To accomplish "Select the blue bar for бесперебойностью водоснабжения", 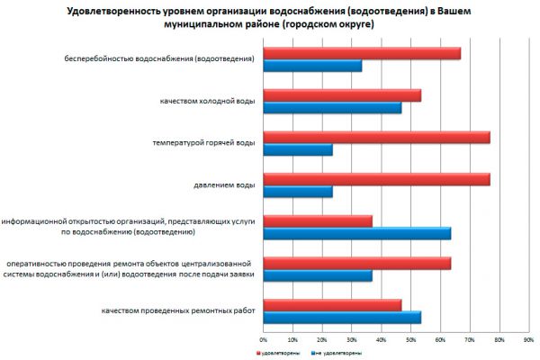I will tap(312, 66).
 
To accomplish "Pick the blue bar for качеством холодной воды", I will tap(332, 108).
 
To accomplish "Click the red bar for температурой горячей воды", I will tap(376, 138).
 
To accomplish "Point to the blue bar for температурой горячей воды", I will tap(298, 149).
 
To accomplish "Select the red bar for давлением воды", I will tap(376, 179).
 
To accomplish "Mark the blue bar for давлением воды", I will tap(298, 192).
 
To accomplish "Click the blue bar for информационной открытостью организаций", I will tap(356, 234).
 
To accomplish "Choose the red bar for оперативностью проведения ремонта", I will tap(356, 264).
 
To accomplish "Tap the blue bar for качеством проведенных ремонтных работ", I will tap(342, 317).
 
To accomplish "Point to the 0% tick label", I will tap(263, 340).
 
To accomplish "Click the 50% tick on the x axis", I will tap(410, 340).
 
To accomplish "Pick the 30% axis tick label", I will tap(351, 340).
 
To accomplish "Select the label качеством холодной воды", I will tap(202, 102).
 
